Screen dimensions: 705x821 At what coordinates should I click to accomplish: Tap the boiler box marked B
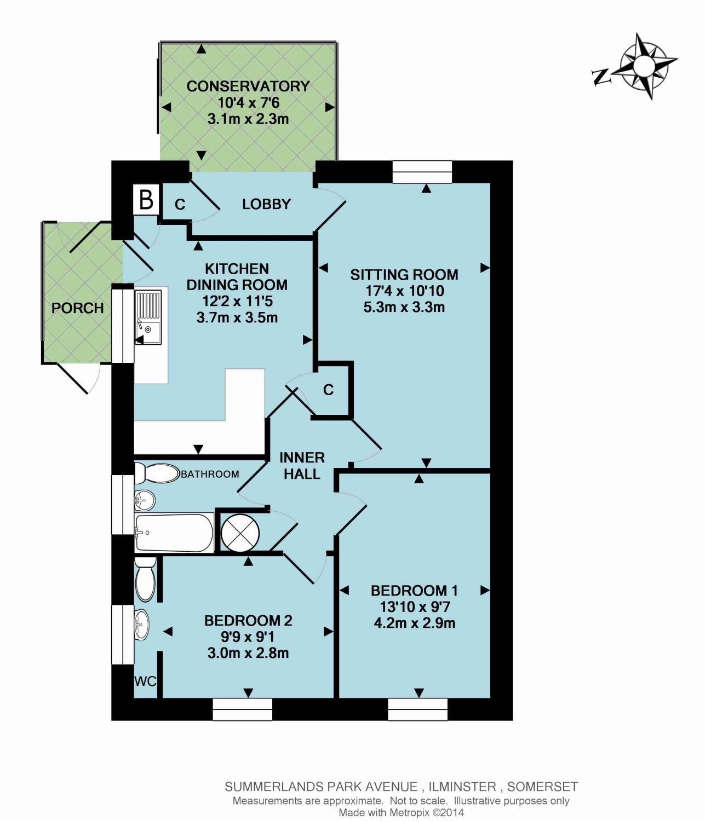tap(146, 199)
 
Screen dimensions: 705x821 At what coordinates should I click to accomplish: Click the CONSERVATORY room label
tap(248, 86)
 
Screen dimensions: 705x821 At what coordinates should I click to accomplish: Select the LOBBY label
tap(266, 204)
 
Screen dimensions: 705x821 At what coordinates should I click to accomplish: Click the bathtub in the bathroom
tap(174, 533)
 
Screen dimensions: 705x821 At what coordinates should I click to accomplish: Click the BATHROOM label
tap(210, 474)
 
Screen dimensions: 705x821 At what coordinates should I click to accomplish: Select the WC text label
tap(145, 681)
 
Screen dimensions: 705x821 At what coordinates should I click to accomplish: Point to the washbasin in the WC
tap(141, 625)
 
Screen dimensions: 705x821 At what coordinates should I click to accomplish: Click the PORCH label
tap(78, 308)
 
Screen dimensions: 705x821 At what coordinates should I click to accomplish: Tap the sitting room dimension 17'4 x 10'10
tap(404, 291)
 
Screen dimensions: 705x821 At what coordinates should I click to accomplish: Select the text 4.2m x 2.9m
tap(414, 623)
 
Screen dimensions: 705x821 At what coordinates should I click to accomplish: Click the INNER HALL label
tap(302, 466)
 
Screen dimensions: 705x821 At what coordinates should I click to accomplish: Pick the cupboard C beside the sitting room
tap(329, 390)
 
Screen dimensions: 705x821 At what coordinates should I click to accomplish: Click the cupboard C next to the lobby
tap(180, 204)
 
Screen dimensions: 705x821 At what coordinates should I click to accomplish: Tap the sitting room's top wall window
tap(422, 171)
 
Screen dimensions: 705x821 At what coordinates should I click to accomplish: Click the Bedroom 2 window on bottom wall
tap(243, 710)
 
